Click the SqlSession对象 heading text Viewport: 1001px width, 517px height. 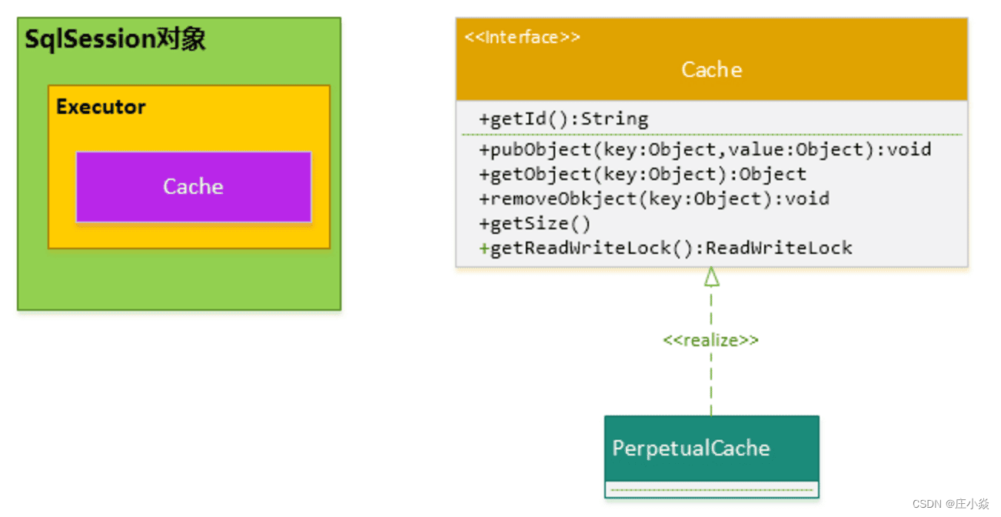(x=115, y=39)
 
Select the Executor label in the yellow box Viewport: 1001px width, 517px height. (x=101, y=107)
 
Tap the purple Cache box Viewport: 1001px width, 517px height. (x=193, y=187)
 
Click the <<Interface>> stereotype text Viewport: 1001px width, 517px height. (x=522, y=37)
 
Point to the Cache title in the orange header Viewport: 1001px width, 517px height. (x=711, y=70)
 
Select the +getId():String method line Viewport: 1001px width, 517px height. (x=564, y=119)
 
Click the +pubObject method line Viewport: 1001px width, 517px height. (x=705, y=149)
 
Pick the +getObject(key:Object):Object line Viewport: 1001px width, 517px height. (x=642, y=174)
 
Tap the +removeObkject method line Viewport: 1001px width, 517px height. (x=653, y=198)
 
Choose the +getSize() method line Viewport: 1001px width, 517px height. (x=534, y=223)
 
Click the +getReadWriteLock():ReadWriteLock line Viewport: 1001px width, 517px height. (x=665, y=248)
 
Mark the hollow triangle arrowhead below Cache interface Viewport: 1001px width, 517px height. (x=712, y=277)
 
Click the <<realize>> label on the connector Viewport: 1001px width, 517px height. (x=710, y=340)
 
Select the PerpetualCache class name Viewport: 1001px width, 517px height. (x=690, y=449)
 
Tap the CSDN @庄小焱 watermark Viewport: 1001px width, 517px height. (x=950, y=504)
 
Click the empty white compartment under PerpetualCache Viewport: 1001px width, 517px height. (x=711, y=489)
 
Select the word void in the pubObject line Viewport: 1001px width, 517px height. (x=909, y=149)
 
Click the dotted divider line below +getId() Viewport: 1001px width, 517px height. (x=711, y=135)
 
